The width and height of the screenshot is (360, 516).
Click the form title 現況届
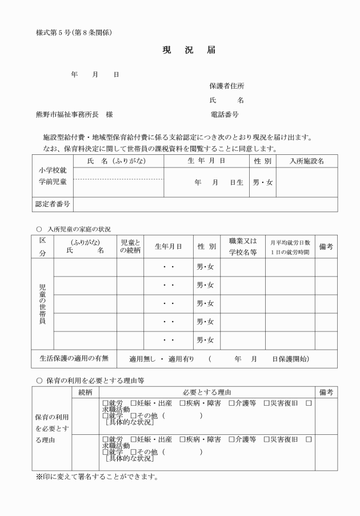[189, 50]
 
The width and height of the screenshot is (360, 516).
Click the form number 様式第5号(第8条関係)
[74, 33]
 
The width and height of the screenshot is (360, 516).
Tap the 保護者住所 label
[227, 86]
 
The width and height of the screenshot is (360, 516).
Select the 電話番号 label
[225, 114]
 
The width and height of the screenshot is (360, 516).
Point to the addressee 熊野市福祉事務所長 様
[74, 114]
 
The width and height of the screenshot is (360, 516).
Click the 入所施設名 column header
[307, 161]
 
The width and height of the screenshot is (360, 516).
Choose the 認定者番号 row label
[53, 204]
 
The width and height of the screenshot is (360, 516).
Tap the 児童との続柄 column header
[131, 246]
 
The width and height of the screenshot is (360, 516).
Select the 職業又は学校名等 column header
[243, 246]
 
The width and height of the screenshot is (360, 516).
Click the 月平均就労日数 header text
[290, 242]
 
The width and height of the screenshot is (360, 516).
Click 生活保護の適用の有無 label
[74, 359]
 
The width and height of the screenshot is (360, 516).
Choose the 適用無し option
[142, 359]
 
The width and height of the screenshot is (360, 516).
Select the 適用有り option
[181, 359]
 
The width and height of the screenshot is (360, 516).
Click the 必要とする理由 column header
[207, 392]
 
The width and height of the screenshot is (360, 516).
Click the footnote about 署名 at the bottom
[97, 476]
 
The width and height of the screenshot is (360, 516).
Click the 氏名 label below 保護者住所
[227, 101]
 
